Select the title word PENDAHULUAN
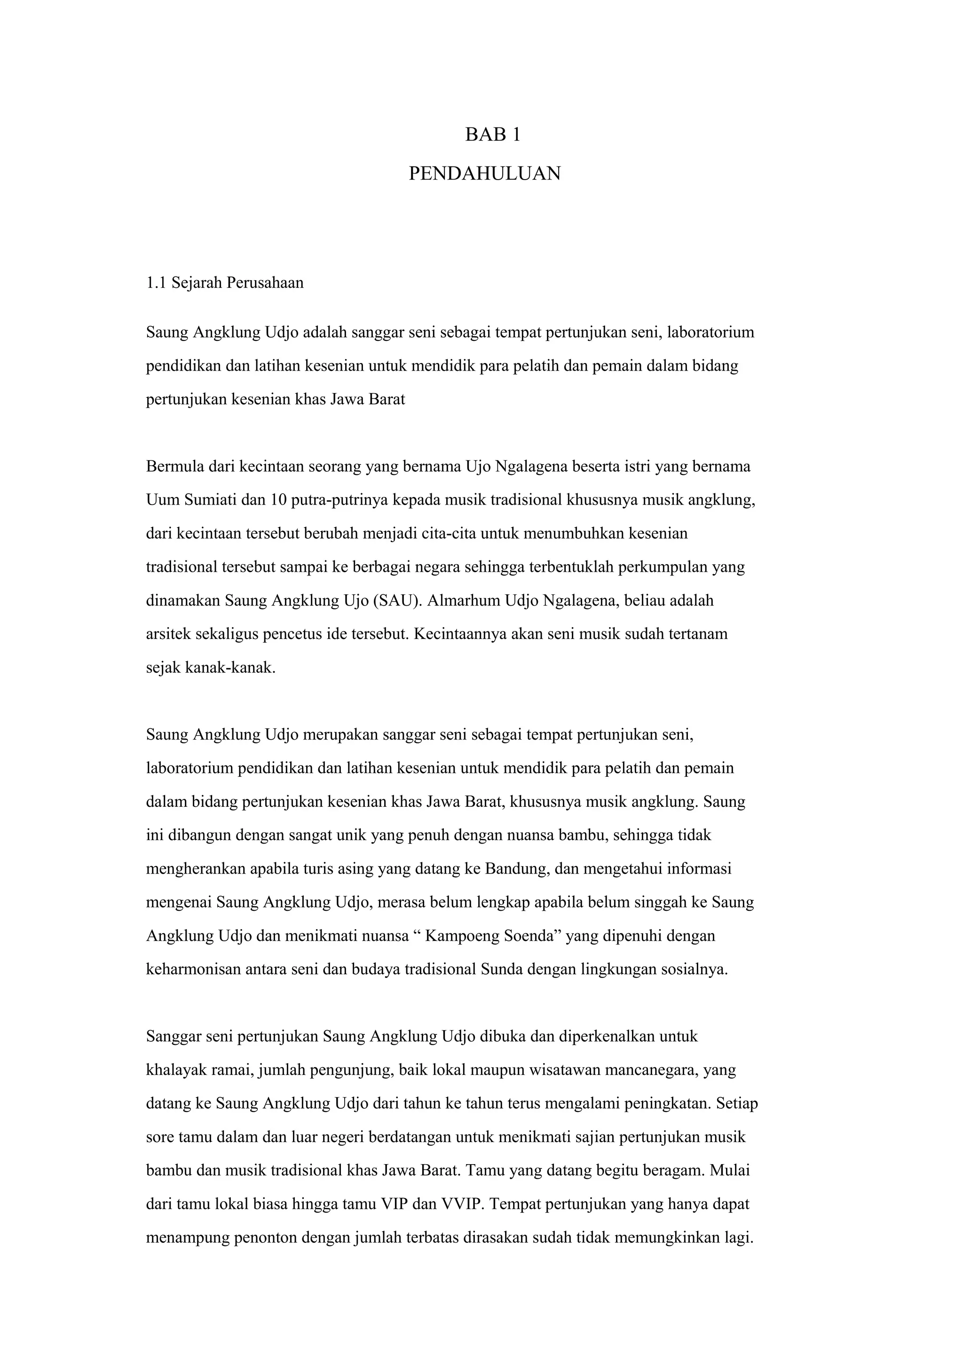[485, 174]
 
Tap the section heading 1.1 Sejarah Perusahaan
[225, 283]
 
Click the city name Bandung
[519, 869]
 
